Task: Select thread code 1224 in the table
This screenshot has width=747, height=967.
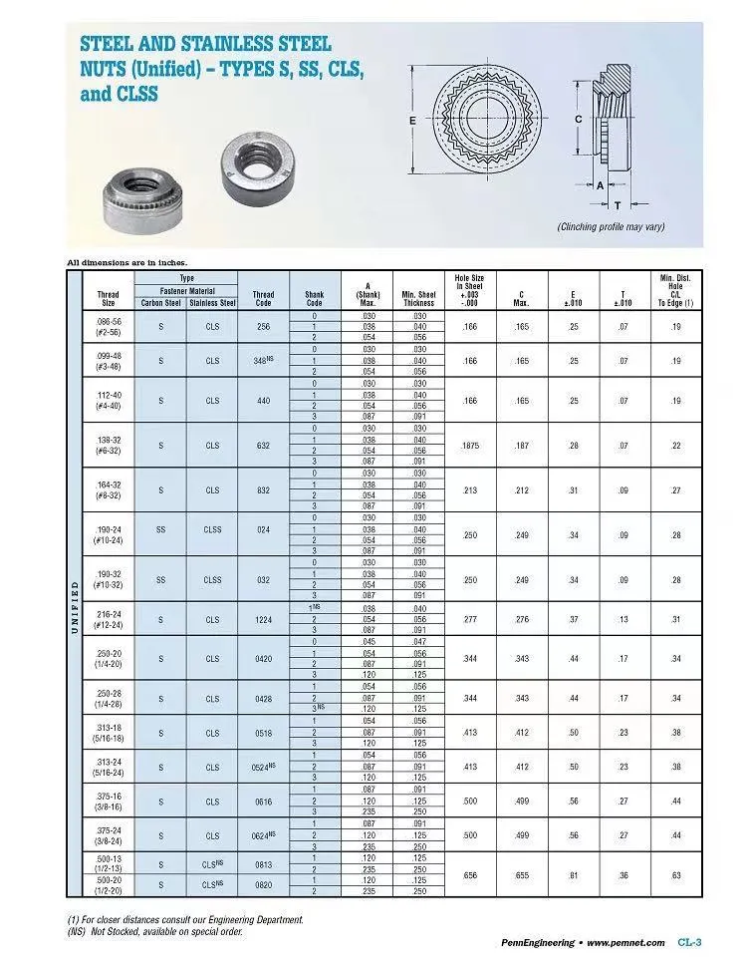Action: [263, 618]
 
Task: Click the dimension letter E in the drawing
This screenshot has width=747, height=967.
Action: [411, 121]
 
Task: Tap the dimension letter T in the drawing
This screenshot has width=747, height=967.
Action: [618, 205]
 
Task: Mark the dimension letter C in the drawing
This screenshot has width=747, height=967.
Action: [578, 120]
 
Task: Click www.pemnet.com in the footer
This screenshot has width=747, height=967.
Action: [625, 942]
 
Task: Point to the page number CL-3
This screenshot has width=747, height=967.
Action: [690, 941]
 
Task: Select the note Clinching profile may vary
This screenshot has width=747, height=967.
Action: [611, 227]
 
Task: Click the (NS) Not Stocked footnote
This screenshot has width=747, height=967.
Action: [154, 932]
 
